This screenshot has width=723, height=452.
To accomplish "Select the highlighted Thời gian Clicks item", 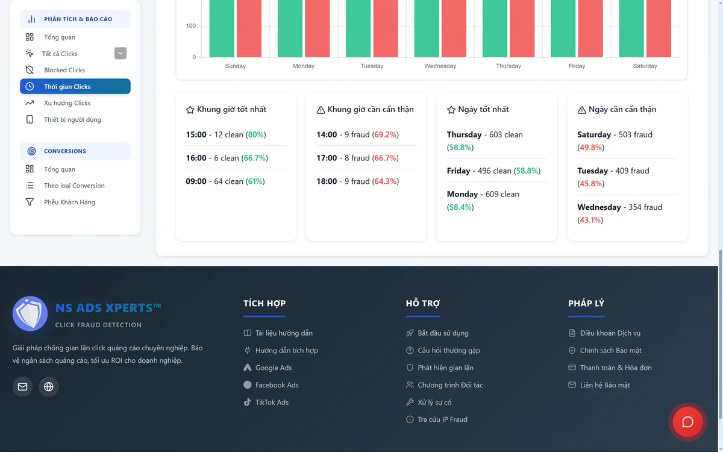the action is coord(75,86).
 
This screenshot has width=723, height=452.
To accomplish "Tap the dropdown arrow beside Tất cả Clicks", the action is coord(120,53).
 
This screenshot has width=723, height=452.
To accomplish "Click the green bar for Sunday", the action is coord(222,28).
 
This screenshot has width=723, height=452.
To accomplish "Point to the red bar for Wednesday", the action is coord(454,28).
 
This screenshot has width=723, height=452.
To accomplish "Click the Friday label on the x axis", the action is coord(577,66).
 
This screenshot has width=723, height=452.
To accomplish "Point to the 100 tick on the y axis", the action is coord(191,26).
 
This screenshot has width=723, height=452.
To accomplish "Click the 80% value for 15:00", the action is coord(256,134).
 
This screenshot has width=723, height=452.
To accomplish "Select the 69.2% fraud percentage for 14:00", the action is coord(386,134).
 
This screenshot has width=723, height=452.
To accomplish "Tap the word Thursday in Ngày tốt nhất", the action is coord(464,134).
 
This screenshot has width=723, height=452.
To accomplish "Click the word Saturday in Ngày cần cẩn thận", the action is coord(594,134).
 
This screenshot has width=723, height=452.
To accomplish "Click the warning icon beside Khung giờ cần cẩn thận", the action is coord(321,110).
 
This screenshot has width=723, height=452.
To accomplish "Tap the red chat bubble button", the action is coord(687,422).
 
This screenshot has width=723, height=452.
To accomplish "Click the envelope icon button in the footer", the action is coord(23,386).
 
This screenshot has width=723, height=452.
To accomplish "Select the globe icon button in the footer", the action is coord(48,386).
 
